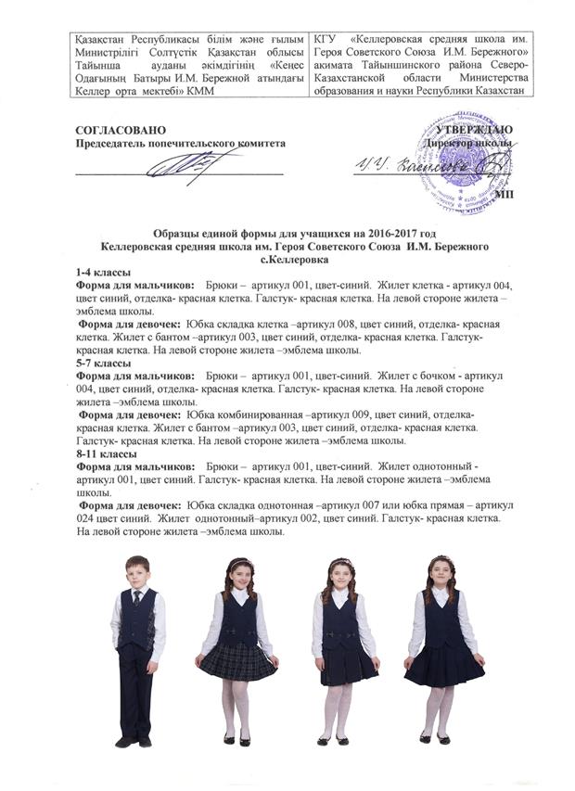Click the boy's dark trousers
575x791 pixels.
134,691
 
